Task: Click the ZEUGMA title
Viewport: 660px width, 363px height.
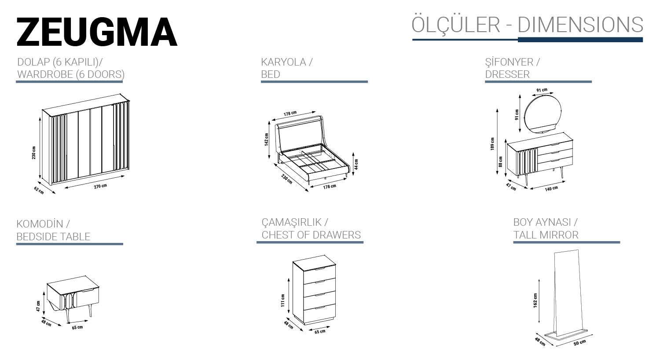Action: (x=97, y=32)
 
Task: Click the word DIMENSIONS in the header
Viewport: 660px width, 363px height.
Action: (x=580, y=25)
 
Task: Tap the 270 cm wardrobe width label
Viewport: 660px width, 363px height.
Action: (x=100, y=186)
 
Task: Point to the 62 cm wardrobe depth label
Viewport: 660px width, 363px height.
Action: (x=39, y=191)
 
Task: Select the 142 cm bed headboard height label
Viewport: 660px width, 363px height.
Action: (x=266, y=139)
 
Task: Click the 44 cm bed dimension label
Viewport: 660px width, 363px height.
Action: (x=356, y=165)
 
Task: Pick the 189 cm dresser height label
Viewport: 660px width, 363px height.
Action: (x=492, y=144)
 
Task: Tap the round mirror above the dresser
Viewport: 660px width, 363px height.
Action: (x=543, y=114)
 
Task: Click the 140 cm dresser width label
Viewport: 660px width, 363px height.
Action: (x=551, y=189)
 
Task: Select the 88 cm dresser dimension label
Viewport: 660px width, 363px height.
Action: (x=500, y=162)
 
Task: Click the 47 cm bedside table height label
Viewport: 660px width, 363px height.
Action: (x=38, y=306)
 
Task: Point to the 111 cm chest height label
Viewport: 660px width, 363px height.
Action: (x=282, y=301)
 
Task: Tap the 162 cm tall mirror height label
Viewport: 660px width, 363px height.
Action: (x=535, y=301)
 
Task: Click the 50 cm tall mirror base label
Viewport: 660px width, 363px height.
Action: (x=579, y=343)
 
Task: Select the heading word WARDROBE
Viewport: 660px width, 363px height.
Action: (x=45, y=74)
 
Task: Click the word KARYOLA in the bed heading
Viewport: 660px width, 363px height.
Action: (x=283, y=62)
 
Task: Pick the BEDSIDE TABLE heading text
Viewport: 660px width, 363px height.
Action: (x=53, y=237)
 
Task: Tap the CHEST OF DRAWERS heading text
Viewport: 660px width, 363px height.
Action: (x=311, y=235)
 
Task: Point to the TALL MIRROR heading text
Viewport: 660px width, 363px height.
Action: (x=546, y=235)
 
